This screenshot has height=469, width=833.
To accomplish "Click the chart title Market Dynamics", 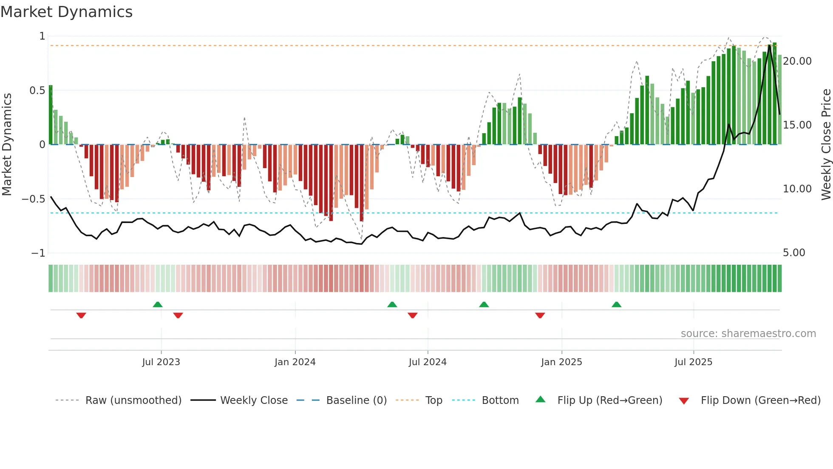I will (x=67, y=12).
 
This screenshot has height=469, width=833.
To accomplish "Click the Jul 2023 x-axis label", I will (x=161, y=362).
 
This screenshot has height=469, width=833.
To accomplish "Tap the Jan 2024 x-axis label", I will (x=295, y=362).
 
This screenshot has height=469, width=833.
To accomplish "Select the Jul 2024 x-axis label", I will (x=428, y=362).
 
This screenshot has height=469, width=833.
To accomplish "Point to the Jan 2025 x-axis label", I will (x=561, y=362).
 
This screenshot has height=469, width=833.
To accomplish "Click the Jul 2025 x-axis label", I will (x=693, y=362).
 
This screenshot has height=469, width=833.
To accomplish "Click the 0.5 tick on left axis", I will (x=37, y=91).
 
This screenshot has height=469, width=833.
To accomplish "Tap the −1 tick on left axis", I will (x=38, y=253).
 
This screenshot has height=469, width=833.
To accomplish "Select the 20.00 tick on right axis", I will (x=797, y=61).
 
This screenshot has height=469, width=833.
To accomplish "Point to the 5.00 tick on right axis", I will (x=794, y=253).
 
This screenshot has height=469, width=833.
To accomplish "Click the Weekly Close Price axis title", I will (x=826, y=144).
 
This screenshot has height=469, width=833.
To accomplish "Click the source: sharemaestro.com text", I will (x=748, y=334).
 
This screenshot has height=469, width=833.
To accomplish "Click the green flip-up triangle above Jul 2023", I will (x=158, y=304).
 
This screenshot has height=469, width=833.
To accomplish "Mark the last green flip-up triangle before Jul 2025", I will (x=616, y=304).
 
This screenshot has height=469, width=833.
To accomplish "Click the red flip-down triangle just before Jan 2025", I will (x=540, y=315).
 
